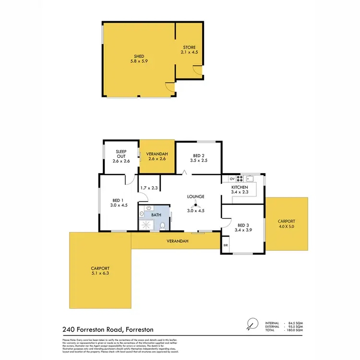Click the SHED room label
139,56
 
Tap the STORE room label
189,48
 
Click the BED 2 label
199,156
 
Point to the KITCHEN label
240,187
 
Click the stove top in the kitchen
240,178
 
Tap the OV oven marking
231,178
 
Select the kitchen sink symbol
250,178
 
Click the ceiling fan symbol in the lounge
196,204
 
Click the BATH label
156,216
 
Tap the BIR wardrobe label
226,245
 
